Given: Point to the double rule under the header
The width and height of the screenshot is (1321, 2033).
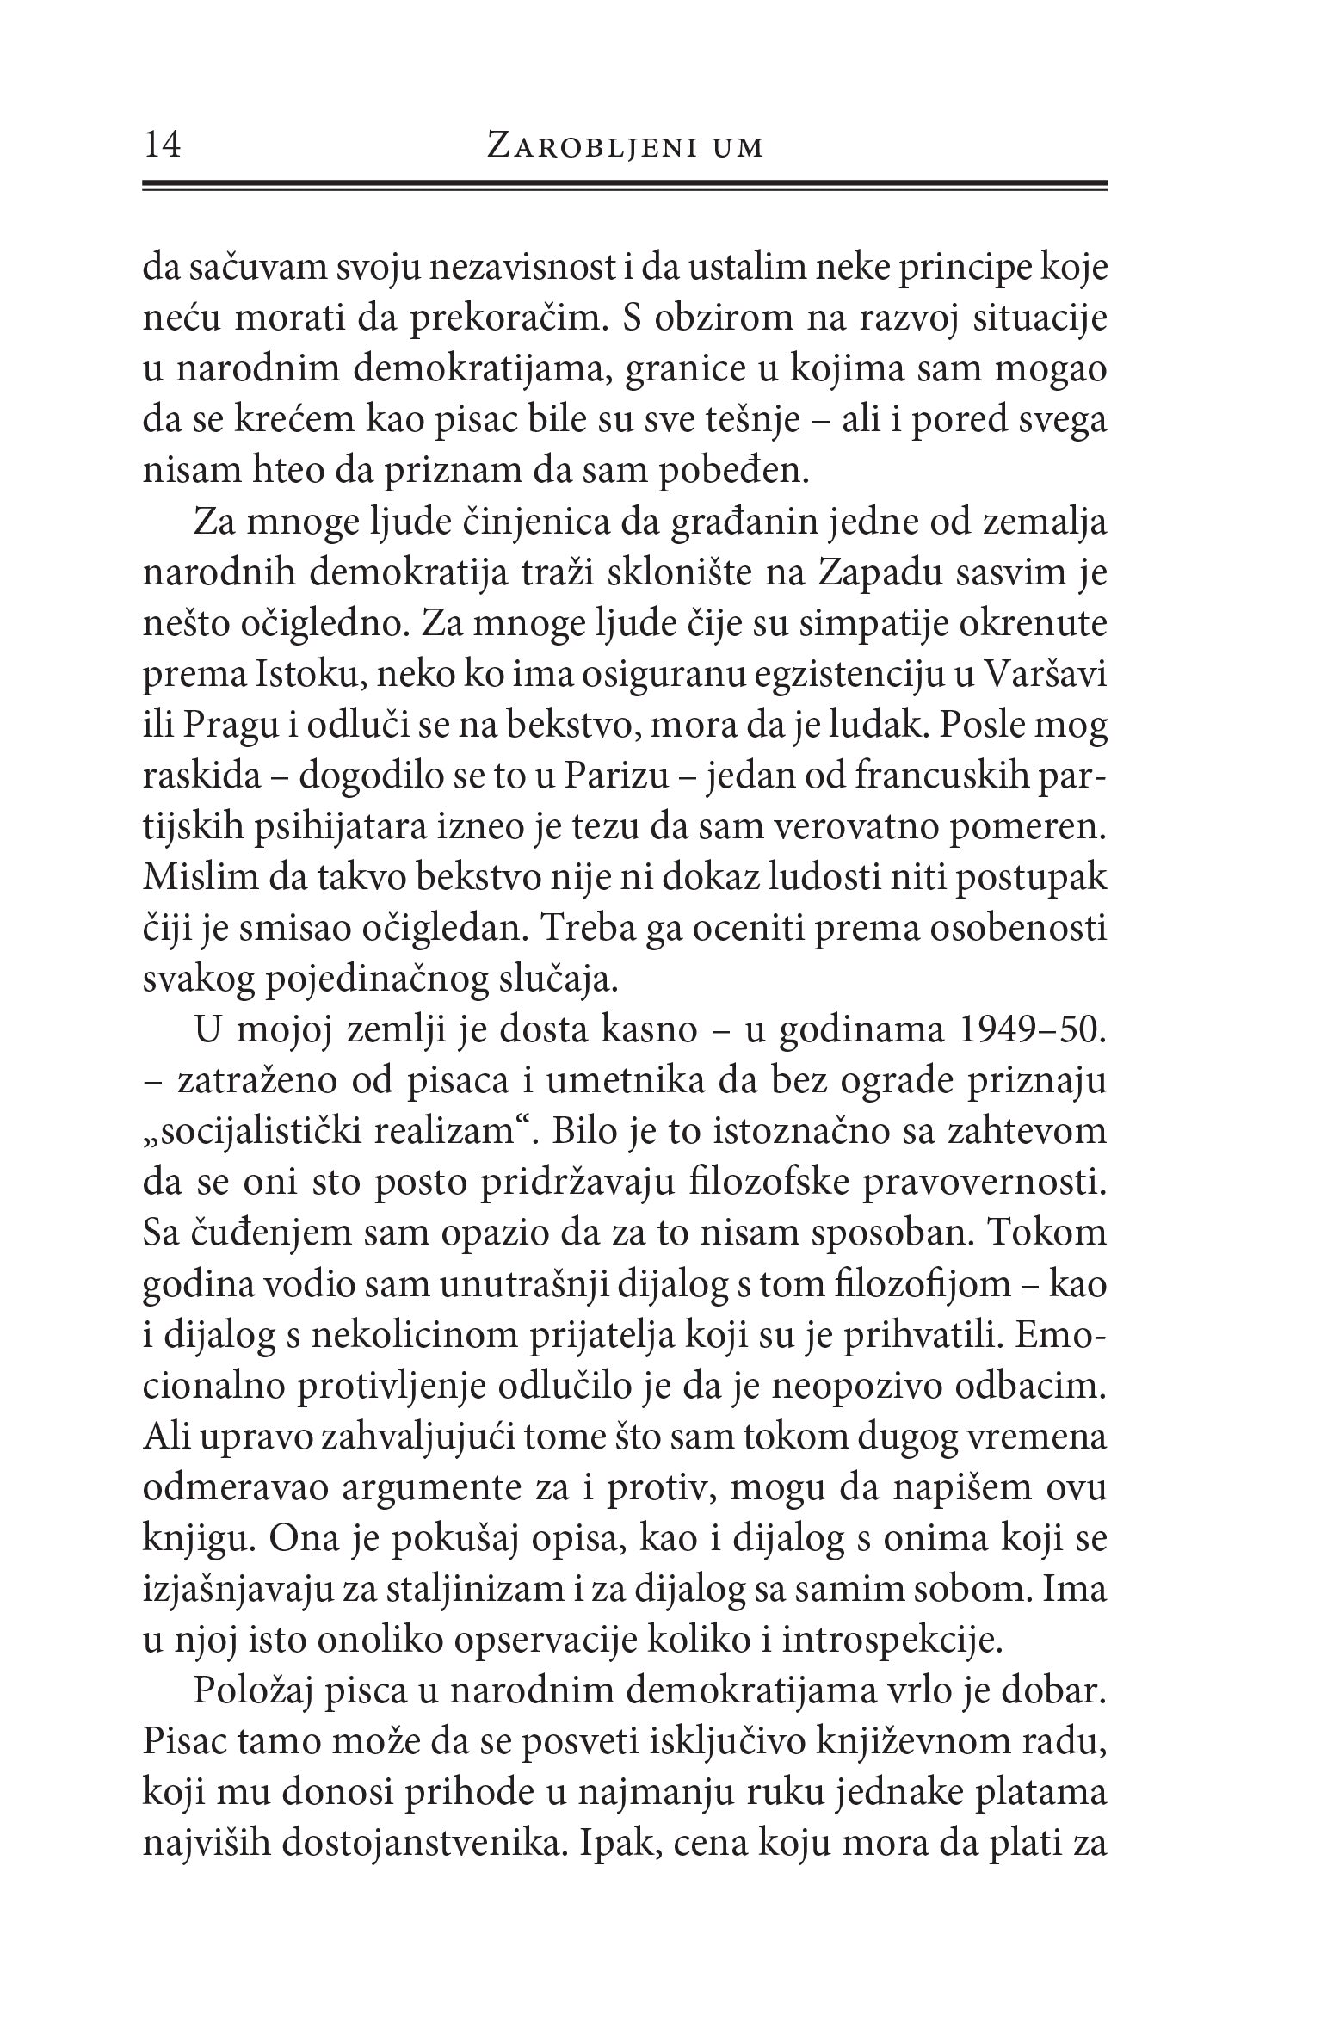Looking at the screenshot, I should pos(624,184).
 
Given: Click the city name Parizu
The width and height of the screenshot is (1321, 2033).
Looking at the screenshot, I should pos(616,776).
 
